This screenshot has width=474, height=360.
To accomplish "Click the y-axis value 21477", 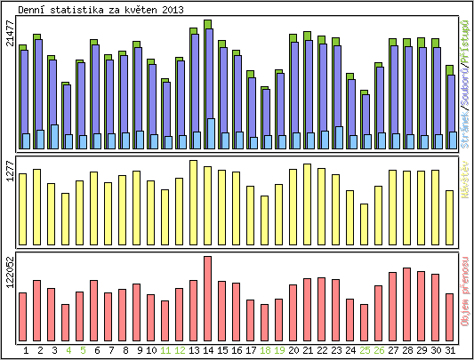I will click(x=10, y=33).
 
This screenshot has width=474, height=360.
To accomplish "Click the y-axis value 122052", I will click(x=10, y=270).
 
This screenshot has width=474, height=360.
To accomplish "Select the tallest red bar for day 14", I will click(x=208, y=294).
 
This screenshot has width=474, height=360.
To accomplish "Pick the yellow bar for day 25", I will click(x=365, y=223).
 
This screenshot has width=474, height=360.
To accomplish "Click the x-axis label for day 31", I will click(x=450, y=350).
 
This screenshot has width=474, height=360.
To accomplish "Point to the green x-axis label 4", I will click(x=68, y=350).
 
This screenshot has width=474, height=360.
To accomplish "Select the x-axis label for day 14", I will click(x=208, y=350).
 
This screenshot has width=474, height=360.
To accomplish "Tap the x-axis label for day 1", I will click(x=26, y=350).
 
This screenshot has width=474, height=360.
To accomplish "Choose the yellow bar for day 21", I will click(x=308, y=204).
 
